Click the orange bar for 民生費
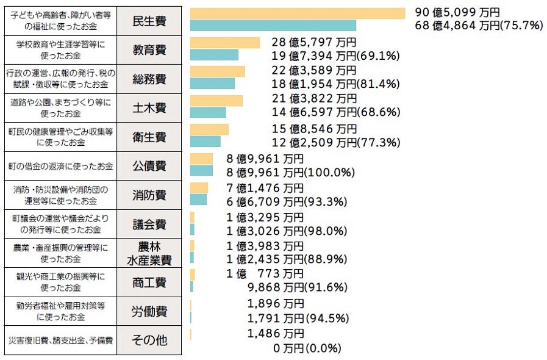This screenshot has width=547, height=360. pos(297,13)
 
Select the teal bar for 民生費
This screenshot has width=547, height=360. pos(273,25)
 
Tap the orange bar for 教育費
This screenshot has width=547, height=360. pos(225,42)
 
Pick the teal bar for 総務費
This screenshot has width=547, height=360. pos(212,84)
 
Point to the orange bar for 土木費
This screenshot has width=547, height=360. pos(216,100)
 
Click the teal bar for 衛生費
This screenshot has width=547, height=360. pos(205,142)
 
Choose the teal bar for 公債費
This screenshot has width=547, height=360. pos(201,170)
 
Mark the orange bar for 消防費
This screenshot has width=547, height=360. pos(199,187)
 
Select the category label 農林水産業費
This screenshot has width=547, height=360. pos(149,253)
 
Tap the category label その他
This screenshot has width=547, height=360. pos(149,340)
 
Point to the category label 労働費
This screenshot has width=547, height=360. pos(149,311)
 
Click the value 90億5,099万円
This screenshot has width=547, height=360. pos(457,12)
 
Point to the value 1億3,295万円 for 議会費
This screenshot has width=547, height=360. pos(265,217)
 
